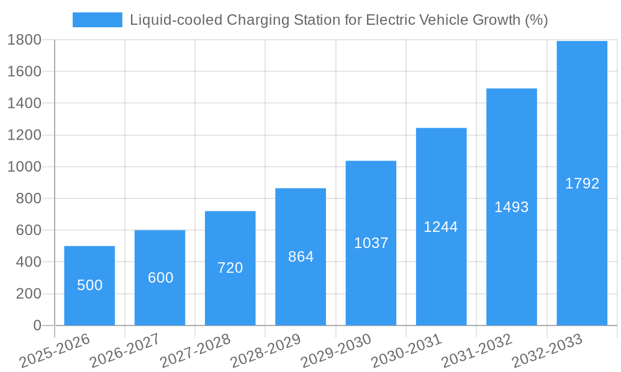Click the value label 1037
371,243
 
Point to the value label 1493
511,207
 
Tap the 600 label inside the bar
160,278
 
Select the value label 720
230,268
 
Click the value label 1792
582,184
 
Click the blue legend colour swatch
97,20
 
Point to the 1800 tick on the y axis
24,40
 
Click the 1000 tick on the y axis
24,167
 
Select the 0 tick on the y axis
37,325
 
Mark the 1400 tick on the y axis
24,103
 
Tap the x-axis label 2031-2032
477,351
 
